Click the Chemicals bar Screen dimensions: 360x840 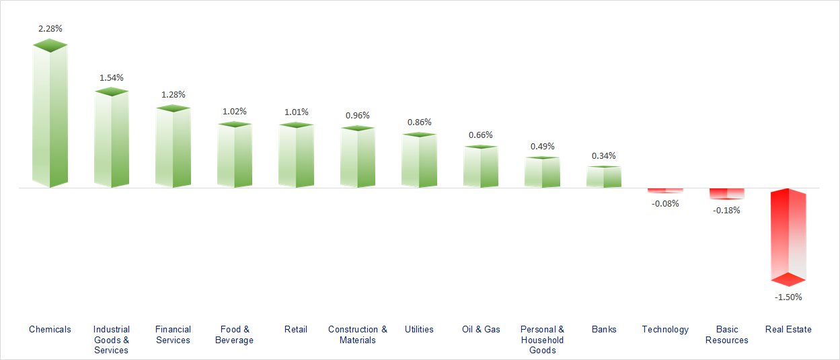(x=50, y=114)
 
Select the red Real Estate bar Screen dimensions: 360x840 (x=788, y=236)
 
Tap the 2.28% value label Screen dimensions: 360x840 (x=50, y=29)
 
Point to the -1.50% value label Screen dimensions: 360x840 (x=788, y=297)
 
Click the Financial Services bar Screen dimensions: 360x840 (x=173, y=147)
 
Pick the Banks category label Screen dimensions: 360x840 (x=604, y=329)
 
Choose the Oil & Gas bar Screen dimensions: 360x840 (x=481, y=166)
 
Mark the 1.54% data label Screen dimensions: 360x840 (x=112, y=77)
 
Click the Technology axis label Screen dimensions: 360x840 (x=665, y=329)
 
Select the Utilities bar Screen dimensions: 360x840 (x=419, y=160)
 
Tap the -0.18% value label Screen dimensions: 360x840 (x=726, y=210)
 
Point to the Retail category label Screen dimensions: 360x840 (x=296, y=329)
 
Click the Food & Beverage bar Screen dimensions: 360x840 (x=235, y=155)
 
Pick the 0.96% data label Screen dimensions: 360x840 (x=358, y=115)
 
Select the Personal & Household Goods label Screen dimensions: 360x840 (x=543, y=339)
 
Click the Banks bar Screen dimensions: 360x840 (x=604, y=176)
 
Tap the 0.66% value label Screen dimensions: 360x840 (x=481, y=135)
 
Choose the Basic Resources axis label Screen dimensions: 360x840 (x=727, y=334)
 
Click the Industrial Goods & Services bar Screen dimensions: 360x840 (x=112, y=138)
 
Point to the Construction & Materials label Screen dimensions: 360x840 (x=358, y=334)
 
